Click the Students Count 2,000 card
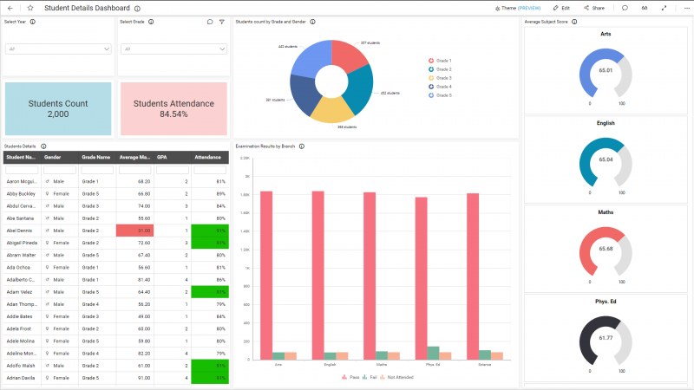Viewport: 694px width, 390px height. (58, 108)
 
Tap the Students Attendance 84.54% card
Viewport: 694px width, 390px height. (173, 108)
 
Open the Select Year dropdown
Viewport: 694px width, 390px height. (58, 49)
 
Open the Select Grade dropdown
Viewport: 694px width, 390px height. (173, 49)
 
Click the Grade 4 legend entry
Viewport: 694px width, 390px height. (442, 87)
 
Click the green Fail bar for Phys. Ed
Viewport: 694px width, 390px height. (433, 353)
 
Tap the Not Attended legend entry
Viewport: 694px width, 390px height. (399, 377)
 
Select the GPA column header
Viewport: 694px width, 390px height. (162, 158)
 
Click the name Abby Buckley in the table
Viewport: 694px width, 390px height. (22, 194)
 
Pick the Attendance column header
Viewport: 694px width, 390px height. (208, 158)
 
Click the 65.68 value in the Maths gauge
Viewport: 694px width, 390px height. (606, 249)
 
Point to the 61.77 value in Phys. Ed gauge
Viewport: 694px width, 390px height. (606, 337)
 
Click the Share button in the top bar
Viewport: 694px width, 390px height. (594, 8)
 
